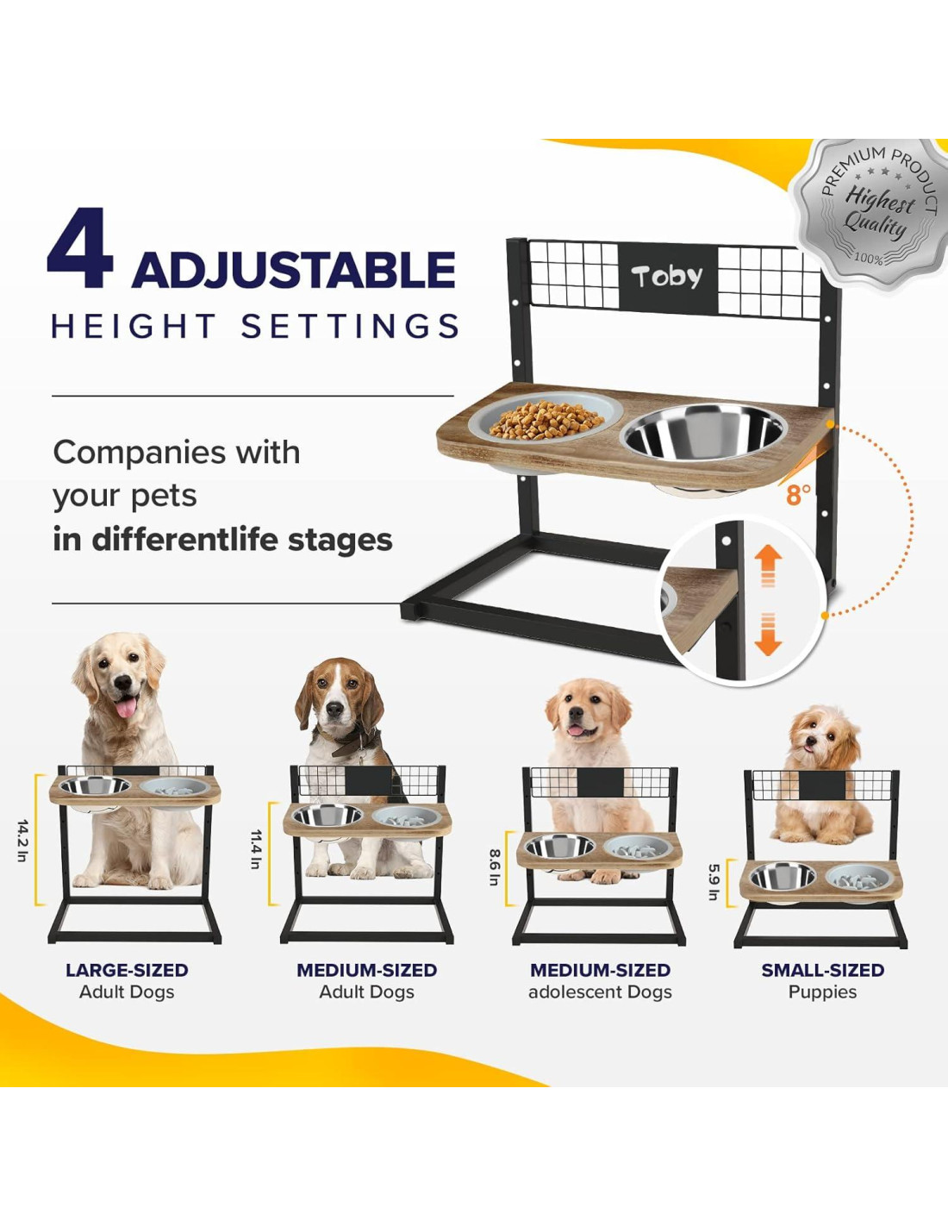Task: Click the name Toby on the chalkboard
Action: (667, 277)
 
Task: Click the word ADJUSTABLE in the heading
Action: (293, 269)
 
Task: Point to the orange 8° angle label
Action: (798, 495)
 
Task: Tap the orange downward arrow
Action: (768, 635)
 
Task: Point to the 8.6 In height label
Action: (494, 866)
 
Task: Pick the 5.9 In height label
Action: (714, 882)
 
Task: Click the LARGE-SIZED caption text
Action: (127, 970)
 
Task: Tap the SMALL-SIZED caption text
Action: (823, 970)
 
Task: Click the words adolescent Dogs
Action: (600, 991)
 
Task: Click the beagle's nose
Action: (335, 710)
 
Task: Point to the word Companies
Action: (140, 452)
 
